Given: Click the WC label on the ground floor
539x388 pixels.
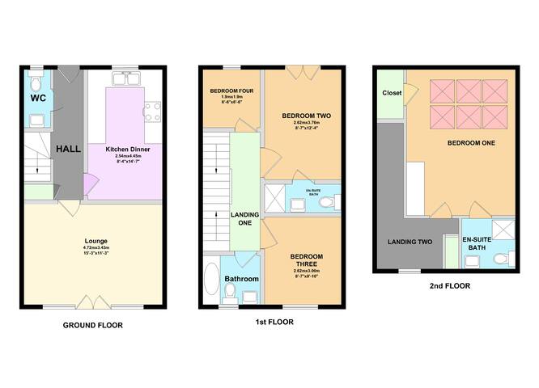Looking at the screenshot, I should click(37, 99).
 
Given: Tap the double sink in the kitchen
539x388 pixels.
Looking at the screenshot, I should click(124, 79).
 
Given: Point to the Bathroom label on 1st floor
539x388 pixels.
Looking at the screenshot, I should click(241, 279).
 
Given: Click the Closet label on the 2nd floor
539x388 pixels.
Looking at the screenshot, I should click(392, 93).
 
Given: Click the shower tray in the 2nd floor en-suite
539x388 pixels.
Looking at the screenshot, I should click(503, 229).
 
